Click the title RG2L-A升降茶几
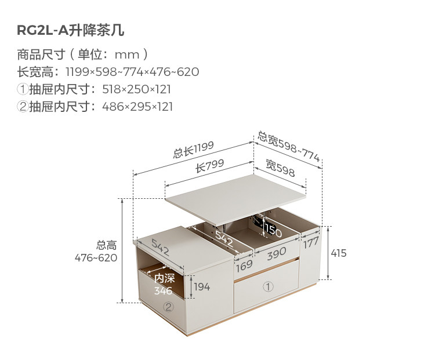coord(70,30)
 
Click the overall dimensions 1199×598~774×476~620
coord(132,72)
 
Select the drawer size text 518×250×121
coord(136,89)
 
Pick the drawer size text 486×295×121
coord(137,107)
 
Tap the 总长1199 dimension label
coord(193,150)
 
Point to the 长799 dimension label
coord(209,166)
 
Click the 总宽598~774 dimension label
coord(289,147)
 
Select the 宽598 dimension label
coord(280,168)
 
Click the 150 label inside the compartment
coord(273,230)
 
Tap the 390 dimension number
coord(277,253)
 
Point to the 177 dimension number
coord(311,243)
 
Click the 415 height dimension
coord(339,253)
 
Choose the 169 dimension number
coord(244,266)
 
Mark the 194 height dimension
coord(202,287)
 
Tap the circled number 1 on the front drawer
coord(268,287)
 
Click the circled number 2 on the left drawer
coord(169,307)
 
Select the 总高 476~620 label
coord(96,252)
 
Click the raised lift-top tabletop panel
coord(235,199)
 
